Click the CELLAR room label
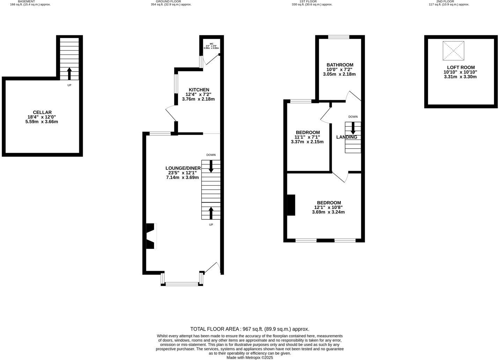click(42, 112)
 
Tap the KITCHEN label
click(199, 90)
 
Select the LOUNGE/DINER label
click(183, 168)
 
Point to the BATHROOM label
click(340, 65)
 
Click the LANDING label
click(346, 137)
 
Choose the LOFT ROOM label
click(461, 67)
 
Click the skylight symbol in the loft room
click(454, 51)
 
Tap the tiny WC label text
click(211, 44)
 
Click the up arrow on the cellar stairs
click(69, 74)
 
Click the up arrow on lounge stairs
click(211, 212)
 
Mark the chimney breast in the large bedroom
click(291, 205)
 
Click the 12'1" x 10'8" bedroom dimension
click(328, 207)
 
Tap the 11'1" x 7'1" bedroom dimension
click(307, 137)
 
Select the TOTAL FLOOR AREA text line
click(250, 329)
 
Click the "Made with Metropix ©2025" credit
click(250, 358)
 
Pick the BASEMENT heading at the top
click(27, 1)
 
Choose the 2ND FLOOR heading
click(445, 1)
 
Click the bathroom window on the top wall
click(339, 37)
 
